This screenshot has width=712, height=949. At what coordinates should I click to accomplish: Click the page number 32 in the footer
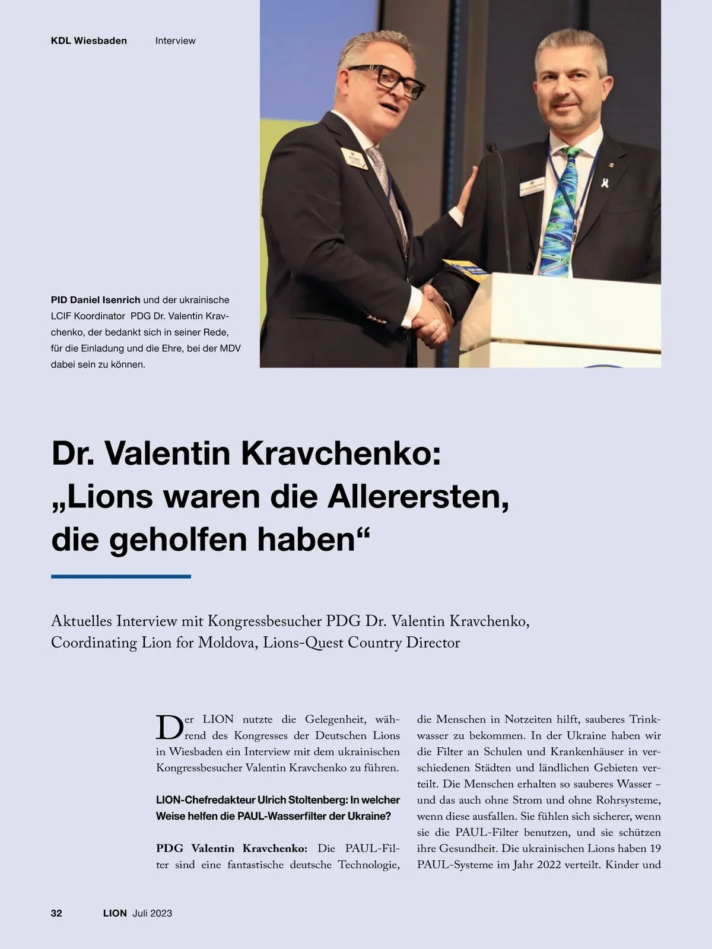[x=56, y=913]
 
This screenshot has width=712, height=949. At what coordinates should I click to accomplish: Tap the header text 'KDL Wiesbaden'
[x=89, y=41]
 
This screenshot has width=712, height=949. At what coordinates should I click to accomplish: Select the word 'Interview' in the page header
[x=175, y=41]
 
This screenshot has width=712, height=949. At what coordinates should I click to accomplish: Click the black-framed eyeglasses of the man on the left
[x=388, y=80]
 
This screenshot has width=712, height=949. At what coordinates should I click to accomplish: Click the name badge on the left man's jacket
[x=354, y=158]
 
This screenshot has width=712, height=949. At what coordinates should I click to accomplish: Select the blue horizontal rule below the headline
[x=121, y=576]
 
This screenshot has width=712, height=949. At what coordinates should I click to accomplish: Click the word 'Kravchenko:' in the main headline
[x=341, y=453]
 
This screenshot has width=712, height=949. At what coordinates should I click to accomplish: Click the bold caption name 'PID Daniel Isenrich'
[x=96, y=300]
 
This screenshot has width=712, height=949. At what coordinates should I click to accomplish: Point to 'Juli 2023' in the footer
[x=152, y=913]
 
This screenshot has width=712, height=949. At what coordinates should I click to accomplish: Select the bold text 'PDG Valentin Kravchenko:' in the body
[x=231, y=848]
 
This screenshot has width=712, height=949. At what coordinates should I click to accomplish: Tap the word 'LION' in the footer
[x=115, y=913]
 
